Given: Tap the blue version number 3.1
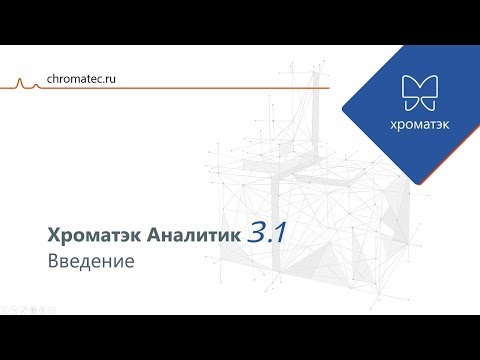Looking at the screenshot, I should tap(267, 232).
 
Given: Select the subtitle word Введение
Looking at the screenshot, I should tap(90, 262).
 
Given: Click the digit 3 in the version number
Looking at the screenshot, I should tap(255, 232).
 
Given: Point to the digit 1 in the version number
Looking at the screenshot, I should tap(280, 232).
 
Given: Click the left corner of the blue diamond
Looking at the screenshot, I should tap(343, 103).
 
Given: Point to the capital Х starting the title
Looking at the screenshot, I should tap(53, 234).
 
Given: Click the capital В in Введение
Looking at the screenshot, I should tap(52, 262).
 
